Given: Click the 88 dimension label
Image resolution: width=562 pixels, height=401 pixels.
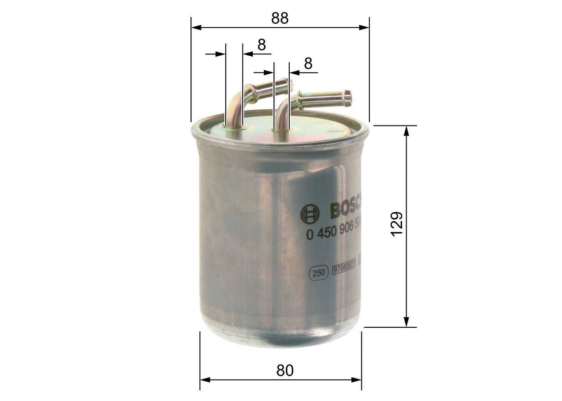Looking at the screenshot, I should coord(280,18).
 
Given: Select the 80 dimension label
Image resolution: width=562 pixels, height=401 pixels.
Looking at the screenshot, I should coord(285,371).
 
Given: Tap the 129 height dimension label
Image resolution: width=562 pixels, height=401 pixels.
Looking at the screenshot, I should coord(396,224).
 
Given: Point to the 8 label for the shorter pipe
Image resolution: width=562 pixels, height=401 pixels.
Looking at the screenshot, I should coord(262,45).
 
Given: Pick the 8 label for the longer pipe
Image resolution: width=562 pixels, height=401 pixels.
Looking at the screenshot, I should coord(308,64).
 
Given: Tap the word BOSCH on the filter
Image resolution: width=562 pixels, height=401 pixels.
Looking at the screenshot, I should coord(345,211).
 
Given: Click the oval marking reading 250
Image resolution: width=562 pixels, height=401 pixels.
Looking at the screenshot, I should coord(319,273).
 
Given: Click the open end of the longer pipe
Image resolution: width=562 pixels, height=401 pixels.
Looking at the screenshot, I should coord(347,98).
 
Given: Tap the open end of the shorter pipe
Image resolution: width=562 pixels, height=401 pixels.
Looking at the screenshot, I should coord(289,85).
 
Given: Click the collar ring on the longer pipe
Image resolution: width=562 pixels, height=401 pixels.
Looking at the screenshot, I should coord(301,100).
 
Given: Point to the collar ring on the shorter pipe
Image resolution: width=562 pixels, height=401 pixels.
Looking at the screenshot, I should coord(252,94).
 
